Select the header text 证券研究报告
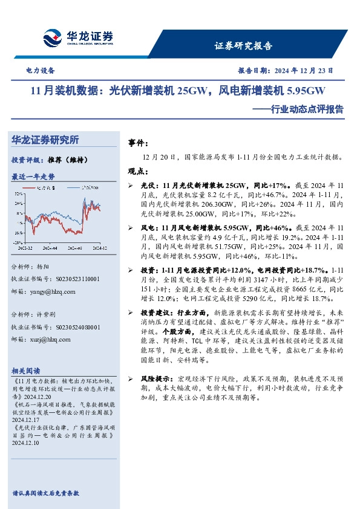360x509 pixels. pos(243,46)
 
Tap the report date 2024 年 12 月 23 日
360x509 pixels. pos(303,70)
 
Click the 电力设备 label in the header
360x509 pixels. pos(41,70)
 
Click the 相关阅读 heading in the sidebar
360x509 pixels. pos(27,371)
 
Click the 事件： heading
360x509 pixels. pos(139,144)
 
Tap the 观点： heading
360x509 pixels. pos(139,171)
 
